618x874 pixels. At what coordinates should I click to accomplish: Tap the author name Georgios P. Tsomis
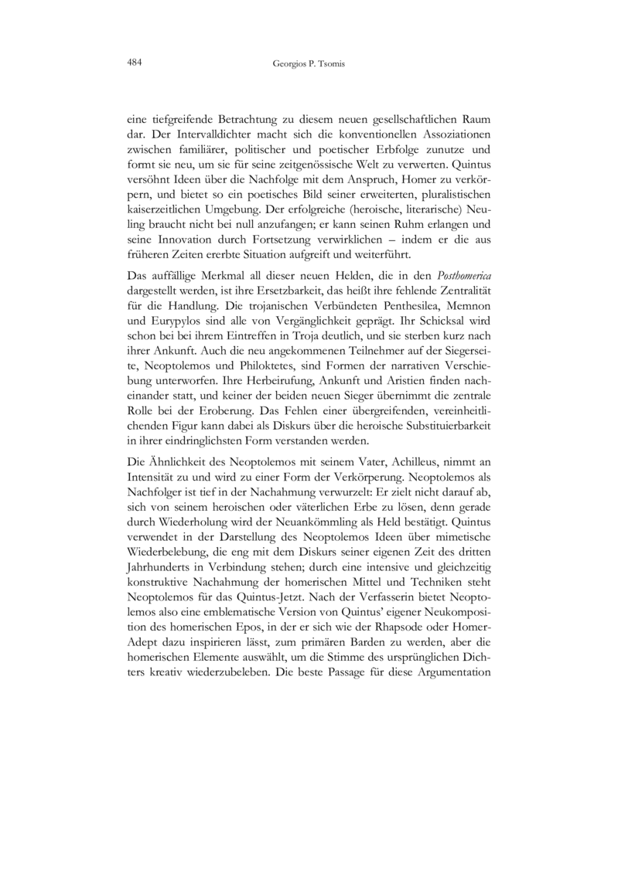click(x=309, y=64)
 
